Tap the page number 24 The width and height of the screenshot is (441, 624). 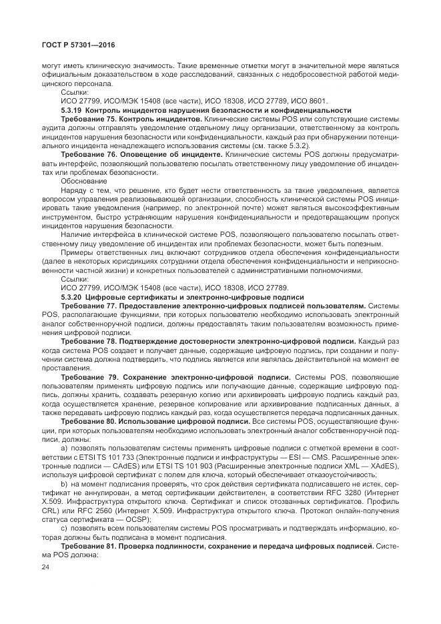click(x=46, y=569)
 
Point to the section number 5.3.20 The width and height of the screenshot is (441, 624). click(x=71, y=296)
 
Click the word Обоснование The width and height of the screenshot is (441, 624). click(x=83, y=180)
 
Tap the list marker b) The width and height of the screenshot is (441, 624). click(x=65, y=482)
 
